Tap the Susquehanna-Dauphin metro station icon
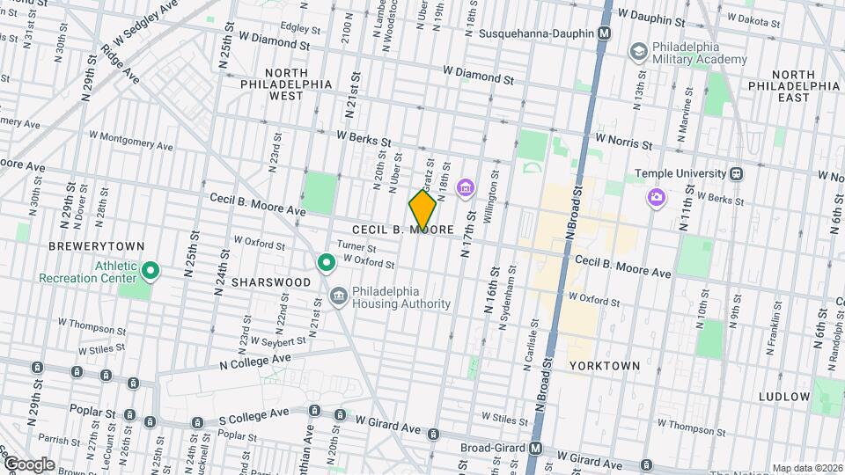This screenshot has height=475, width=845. (604, 33)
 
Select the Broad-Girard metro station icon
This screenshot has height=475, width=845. (534, 448)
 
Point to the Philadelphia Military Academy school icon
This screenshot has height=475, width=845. (636, 53)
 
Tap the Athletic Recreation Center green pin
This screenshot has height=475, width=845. (150, 271)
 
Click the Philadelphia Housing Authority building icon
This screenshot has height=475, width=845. (338, 296)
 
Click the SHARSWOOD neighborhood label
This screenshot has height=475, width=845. (271, 282)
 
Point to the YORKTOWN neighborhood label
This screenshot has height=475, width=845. (605, 365)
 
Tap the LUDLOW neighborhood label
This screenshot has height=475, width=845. (784, 397)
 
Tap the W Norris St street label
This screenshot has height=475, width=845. (623, 139)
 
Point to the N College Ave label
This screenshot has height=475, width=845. (254, 361)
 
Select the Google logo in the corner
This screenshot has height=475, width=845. (28, 464)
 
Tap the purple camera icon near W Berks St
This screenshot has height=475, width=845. (656, 196)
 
